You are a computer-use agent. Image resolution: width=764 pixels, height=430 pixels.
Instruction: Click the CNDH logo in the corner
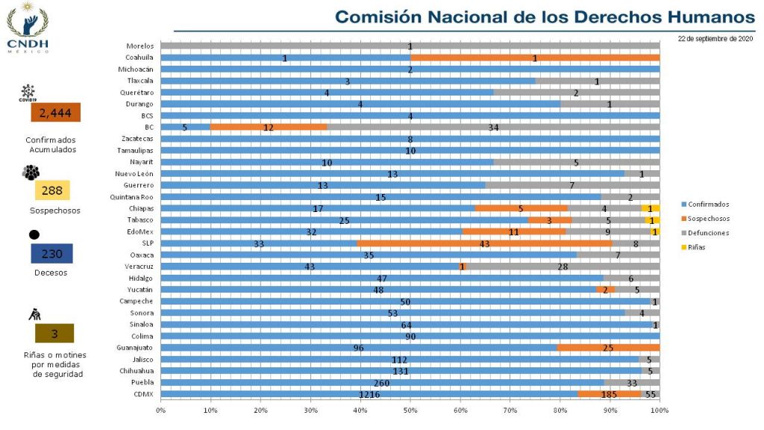click(x=28, y=28)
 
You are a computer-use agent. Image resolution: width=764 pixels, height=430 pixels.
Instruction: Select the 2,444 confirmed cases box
click(x=54, y=113)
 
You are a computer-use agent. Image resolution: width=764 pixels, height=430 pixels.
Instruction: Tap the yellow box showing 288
click(x=51, y=190)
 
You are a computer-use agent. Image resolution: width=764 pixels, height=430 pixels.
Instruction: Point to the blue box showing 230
click(x=51, y=254)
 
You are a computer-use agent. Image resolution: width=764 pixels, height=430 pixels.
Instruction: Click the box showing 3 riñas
click(x=54, y=334)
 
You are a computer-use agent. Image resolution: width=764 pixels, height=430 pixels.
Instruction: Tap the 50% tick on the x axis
click(x=410, y=410)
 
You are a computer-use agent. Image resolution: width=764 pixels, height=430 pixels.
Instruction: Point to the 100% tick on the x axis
click(x=660, y=410)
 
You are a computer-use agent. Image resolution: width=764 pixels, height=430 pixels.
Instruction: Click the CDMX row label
click(x=143, y=393)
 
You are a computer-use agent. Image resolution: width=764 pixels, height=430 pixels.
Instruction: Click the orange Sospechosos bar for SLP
click(x=484, y=243)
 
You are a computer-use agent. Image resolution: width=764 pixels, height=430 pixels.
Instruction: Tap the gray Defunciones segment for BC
click(x=493, y=127)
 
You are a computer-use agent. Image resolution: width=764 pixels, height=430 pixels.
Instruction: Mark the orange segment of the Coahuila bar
click(x=535, y=57)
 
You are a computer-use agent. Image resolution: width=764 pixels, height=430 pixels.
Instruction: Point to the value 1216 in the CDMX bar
click(x=369, y=393)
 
